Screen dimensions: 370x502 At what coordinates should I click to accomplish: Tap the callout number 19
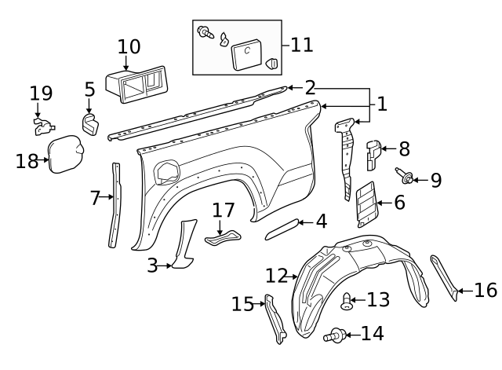[x=41, y=93]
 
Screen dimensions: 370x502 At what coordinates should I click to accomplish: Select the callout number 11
[x=302, y=44]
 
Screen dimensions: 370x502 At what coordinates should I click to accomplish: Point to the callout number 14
[x=373, y=333]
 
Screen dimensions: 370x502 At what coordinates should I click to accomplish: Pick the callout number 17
[x=224, y=211]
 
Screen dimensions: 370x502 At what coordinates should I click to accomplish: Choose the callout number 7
[x=96, y=198]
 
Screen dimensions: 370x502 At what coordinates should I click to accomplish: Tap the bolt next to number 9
[x=406, y=178]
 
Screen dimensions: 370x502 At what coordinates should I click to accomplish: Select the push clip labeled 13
[x=347, y=300]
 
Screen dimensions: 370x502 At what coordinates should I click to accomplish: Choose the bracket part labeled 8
[x=373, y=152]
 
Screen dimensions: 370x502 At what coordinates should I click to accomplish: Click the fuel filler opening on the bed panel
[x=167, y=170]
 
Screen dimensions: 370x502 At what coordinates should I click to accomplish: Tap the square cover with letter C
[x=245, y=53]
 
